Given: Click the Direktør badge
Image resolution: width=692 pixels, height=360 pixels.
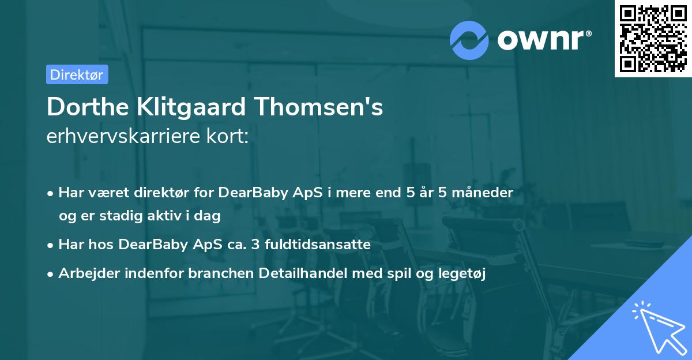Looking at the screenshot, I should (x=77, y=74).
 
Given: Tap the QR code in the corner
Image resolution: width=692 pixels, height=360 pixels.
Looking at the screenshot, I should (x=653, y=39).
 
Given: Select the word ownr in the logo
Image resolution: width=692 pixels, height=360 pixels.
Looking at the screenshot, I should (x=542, y=40).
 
